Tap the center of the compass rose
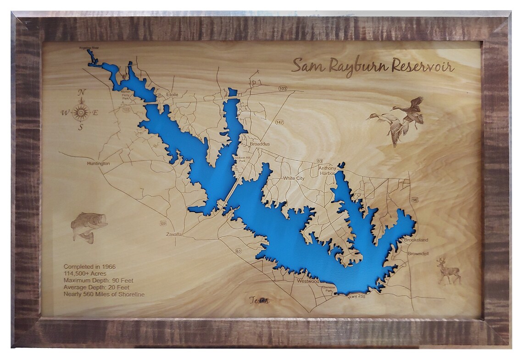click(x=81, y=112)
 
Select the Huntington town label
click(x=98, y=163)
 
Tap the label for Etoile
click(x=172, y=95)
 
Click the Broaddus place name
click(x=260, y=144)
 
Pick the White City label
click(x=294, y=178)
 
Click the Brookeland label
click(x=416, y=240)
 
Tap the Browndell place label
click(x=418, y=253)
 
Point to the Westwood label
click(x=308, y=281)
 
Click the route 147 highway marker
click(x=279, y=123)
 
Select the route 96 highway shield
click(x=415, y=200)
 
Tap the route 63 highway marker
click(x=238, y=251)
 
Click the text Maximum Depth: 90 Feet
click(x=97, y=281)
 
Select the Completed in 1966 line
click(x=89, y=267)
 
